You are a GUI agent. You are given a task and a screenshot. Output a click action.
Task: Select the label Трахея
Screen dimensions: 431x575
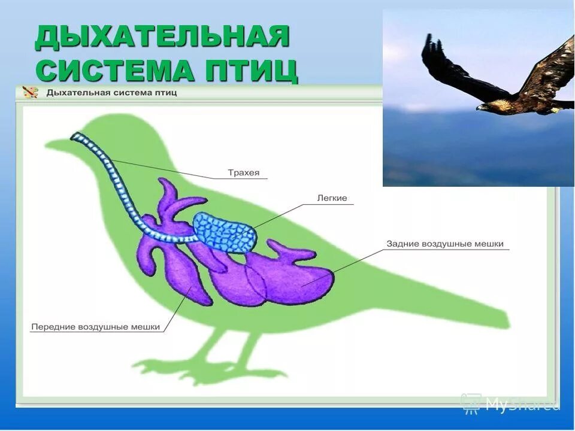click(244, 173)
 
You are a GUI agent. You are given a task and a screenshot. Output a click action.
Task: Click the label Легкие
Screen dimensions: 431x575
click(332, 198)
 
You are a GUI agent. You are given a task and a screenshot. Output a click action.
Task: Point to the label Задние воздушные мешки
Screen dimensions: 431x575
click(445, 244)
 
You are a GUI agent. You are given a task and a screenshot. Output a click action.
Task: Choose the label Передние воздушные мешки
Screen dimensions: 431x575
click(96, 327)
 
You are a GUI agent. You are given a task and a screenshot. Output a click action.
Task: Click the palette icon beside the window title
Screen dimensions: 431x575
click(29, 92)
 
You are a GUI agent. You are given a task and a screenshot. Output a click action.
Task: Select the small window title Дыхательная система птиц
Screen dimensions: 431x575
click(111, 93)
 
